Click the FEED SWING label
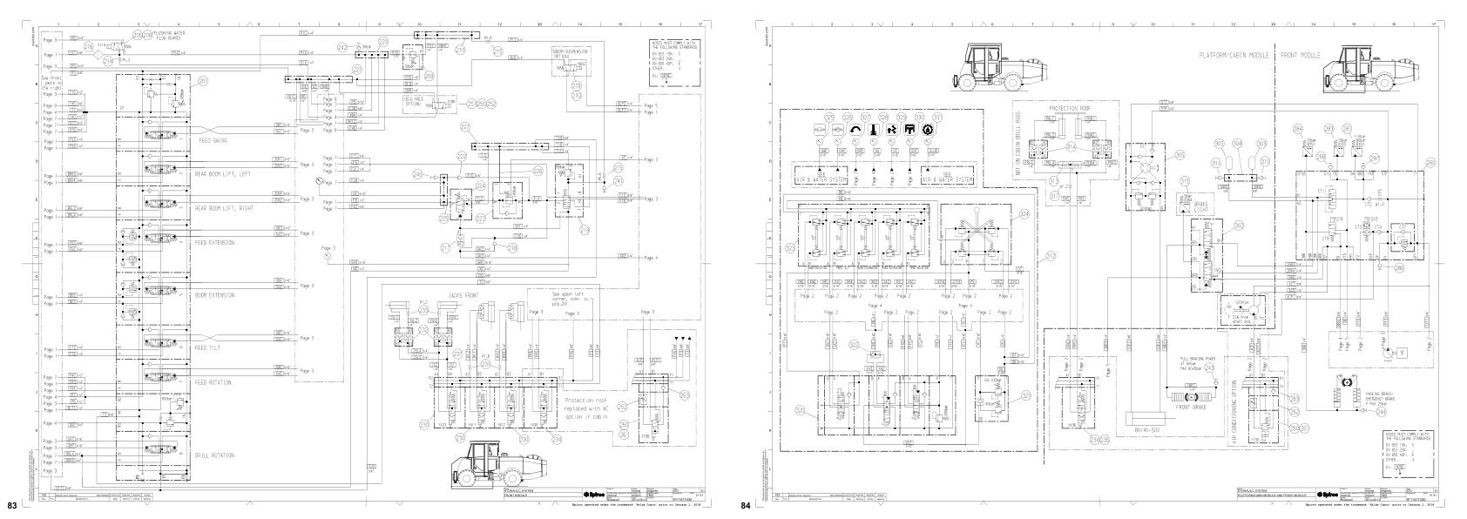pos(214,139)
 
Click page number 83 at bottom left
pos(12,506)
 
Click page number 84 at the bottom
pos(746,506)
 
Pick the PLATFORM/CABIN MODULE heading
pos(1233,55)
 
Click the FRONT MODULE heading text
pos(1301,55)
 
